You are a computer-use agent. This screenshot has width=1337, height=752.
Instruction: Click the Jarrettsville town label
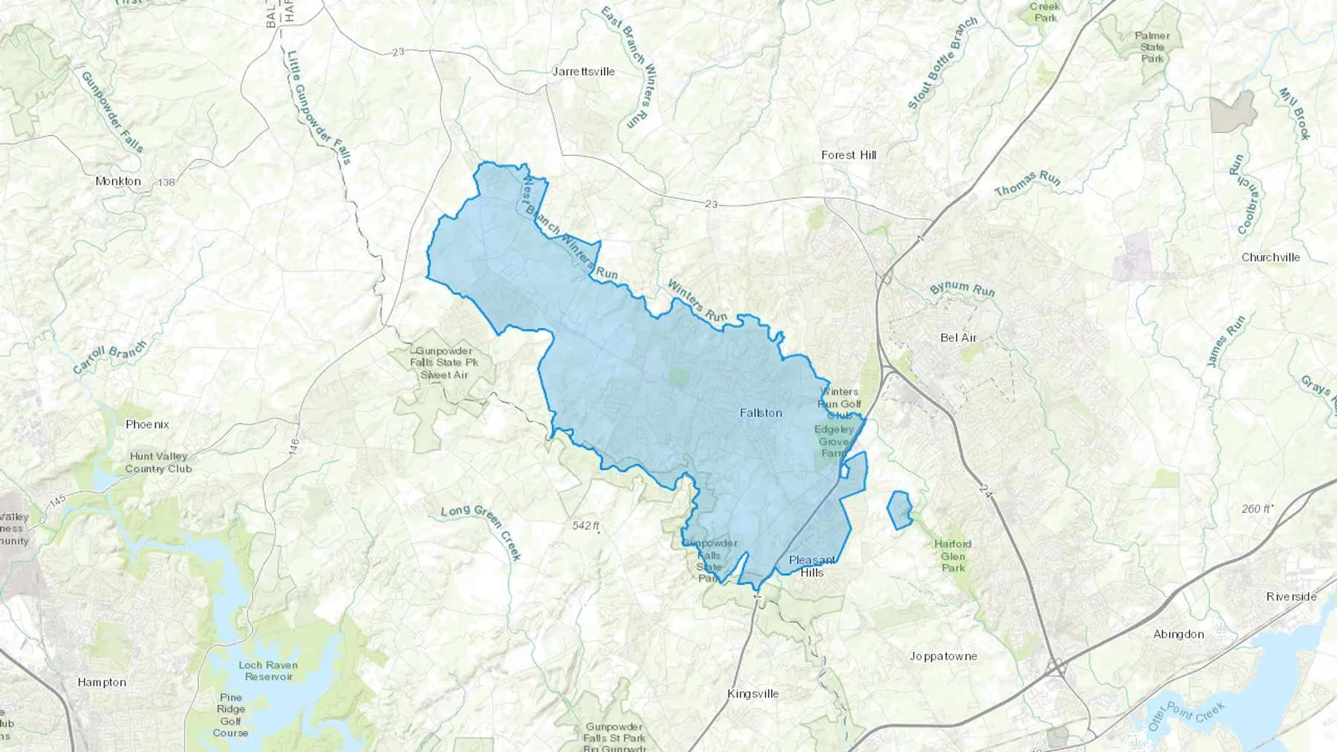584,71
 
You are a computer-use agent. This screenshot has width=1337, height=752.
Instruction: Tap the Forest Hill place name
848,155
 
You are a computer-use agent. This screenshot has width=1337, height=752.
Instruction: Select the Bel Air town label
958,338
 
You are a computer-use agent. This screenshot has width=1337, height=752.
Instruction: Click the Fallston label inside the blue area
761,413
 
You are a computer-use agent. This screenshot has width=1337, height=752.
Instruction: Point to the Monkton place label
118,181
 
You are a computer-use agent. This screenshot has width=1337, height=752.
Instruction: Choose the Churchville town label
1270,258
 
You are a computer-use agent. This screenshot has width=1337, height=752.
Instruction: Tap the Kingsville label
752,694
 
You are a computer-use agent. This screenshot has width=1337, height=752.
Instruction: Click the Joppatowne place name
943,656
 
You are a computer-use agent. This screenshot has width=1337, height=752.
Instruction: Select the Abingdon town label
1179,634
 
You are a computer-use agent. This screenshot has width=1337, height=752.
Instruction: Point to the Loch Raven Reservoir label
268,671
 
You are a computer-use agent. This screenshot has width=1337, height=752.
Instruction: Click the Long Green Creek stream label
481,532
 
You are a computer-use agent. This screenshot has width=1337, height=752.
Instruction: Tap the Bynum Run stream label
962,288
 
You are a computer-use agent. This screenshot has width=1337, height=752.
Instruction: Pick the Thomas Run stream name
1027,183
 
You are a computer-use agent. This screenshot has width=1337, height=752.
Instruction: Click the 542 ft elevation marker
585,526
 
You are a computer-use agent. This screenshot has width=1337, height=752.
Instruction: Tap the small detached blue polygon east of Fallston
900,510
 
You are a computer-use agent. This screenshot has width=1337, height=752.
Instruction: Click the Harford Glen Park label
953,556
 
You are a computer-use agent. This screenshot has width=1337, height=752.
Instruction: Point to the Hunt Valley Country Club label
158,462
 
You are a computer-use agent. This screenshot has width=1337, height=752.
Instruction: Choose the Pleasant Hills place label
812,566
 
